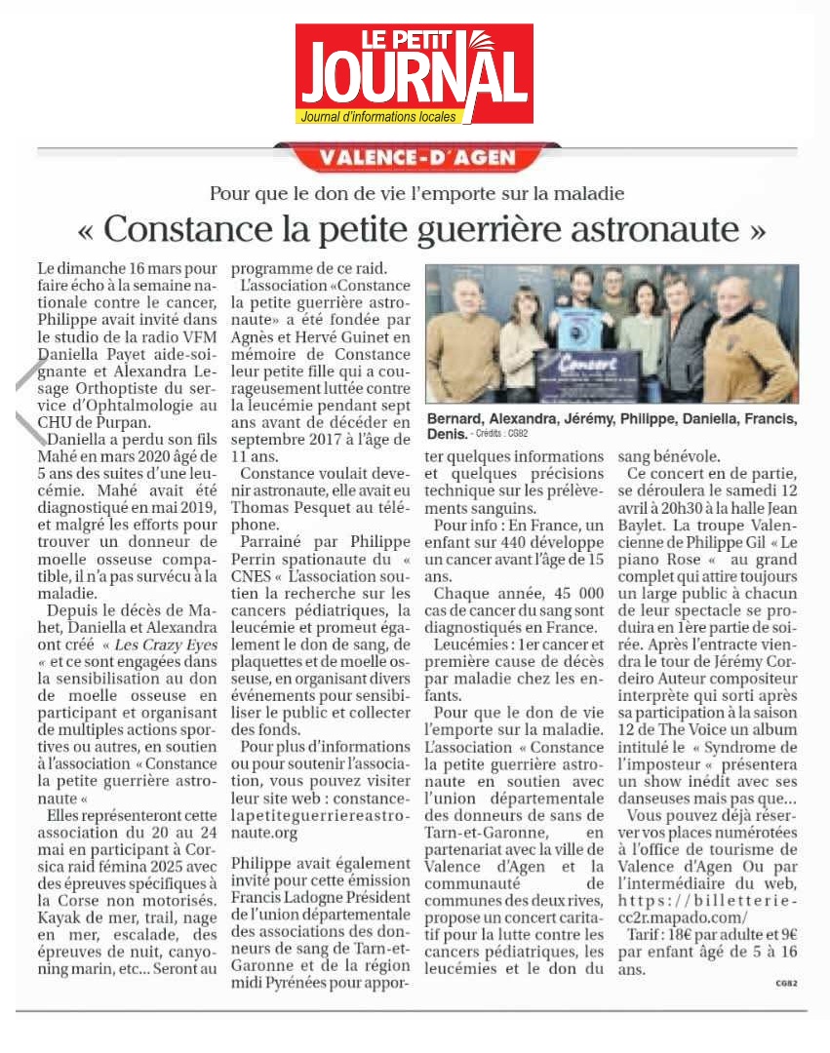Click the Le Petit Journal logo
coord(415,72)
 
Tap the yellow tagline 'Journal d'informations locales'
coord(379,117)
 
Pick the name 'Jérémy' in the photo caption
coord(585,419)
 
